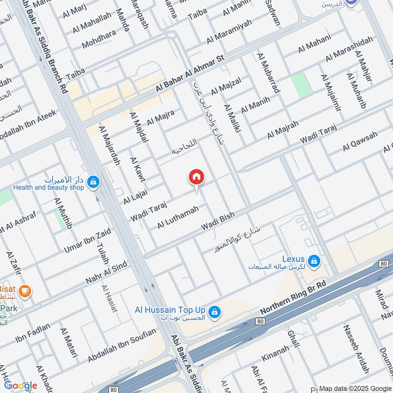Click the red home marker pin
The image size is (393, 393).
[196, 177]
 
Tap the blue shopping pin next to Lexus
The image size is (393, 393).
[315, 260]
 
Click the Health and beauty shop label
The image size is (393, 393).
[48, 187]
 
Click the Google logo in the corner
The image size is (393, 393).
[21, 386]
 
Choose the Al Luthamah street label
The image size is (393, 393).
[178, 217]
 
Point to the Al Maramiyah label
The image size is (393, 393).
[229, 31]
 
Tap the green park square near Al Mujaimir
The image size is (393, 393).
[299, 85]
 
